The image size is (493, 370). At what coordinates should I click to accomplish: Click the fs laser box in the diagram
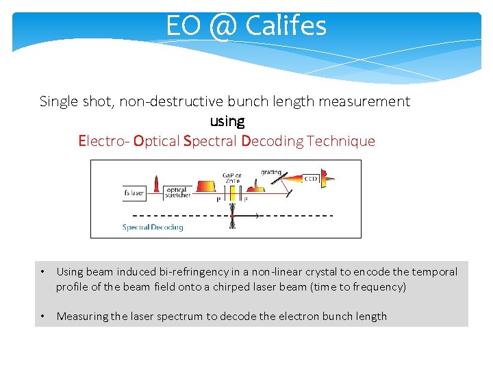(x=134, y=193)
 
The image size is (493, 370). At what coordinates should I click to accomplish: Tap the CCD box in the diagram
(x=311, y=178)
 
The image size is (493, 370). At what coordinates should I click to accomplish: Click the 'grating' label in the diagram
(x=270, y=172)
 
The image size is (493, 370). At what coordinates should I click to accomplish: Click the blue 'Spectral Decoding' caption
(x=153, y=227)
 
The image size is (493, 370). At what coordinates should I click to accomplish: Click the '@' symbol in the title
(x=221, y=26)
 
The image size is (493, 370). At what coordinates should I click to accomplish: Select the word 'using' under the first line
(x=227, y=121)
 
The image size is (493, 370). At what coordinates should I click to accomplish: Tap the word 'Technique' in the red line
(x=341, y=141)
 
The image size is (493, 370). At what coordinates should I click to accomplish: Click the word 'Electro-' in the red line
(x=103, y=141)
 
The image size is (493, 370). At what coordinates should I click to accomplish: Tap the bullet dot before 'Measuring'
(x=42, y=316)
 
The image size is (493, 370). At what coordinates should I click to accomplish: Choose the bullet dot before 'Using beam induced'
(x=42, y=271)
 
